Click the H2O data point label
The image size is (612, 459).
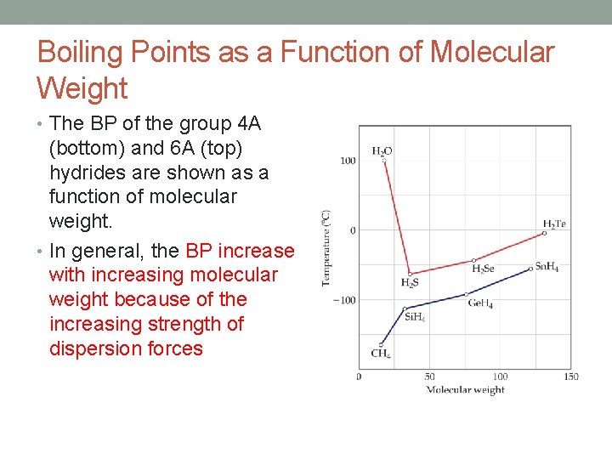(x=382, y=150)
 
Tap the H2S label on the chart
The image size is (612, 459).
(x=409, y=283)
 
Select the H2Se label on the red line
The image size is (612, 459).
(x=483, y=269)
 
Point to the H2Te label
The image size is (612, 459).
(x=554, y=224)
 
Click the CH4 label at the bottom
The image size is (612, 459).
(x=380, y=354)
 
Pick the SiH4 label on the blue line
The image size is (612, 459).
(x=414, y=317)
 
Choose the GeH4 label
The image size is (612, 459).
(x=479, y=304)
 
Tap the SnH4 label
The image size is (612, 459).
(x=547, y=267)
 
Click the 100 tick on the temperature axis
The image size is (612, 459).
(x=348, y=161)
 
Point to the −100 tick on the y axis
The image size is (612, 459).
(x=344, y=300)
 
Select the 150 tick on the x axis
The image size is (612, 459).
(x=570, y=377)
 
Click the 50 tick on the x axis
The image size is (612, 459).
(x=429, y=377)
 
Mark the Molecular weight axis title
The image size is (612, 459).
(x=465, y=390)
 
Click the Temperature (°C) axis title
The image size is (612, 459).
(x=326, y=248)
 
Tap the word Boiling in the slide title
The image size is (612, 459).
(x=79, y=53)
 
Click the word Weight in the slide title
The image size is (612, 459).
(x=82, y=88)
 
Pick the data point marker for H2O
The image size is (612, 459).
(x=382, y=160)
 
